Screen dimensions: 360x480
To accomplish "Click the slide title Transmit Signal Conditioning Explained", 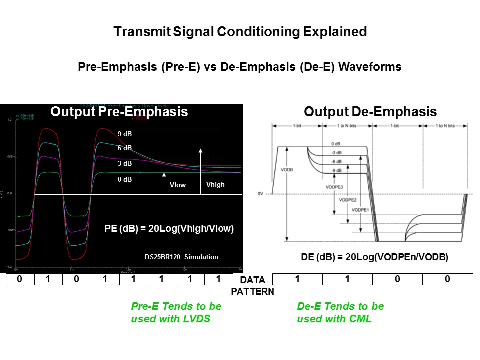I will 240,32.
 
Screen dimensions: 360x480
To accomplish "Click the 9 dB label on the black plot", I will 125,133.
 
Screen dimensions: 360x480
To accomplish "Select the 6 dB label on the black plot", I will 125,148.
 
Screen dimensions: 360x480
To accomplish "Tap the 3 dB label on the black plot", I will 125,163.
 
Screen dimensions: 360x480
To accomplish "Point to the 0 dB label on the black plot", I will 125,179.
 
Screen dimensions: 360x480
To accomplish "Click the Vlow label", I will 177,185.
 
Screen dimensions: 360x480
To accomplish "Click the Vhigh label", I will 215,184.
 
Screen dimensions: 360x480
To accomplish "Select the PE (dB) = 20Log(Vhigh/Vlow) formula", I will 169,229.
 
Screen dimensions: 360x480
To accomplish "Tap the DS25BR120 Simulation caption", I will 181,257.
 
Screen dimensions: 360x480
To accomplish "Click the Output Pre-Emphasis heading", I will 119,112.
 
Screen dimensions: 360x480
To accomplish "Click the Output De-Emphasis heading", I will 370,112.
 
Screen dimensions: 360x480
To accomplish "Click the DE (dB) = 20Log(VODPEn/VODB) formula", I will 374,257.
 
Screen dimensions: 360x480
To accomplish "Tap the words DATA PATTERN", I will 252,285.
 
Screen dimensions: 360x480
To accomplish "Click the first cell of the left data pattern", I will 20,279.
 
